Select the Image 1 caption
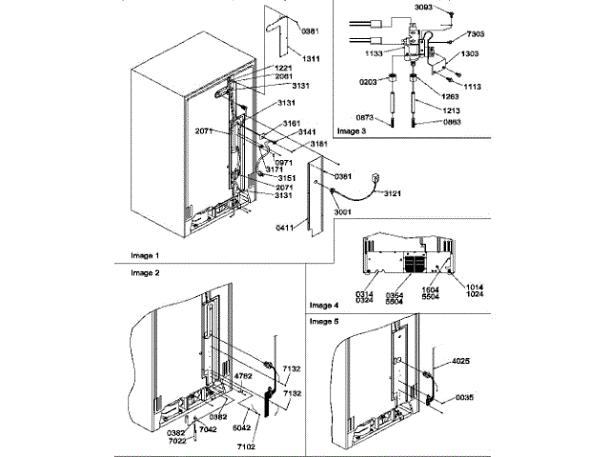[146, 256]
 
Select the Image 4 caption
[324, 305]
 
